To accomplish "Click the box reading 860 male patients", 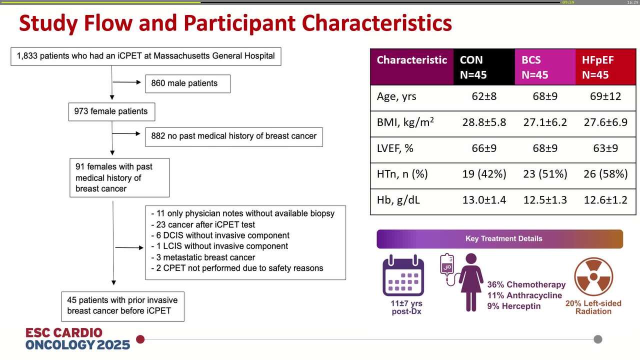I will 187,83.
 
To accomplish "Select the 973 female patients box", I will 111,111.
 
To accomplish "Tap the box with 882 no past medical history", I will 233,136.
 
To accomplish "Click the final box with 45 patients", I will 122,305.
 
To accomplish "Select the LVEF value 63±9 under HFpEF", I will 605,148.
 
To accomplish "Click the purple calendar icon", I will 403,275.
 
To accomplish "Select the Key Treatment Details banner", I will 499,238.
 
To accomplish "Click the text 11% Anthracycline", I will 524,295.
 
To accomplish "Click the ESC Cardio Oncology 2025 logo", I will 77,339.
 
